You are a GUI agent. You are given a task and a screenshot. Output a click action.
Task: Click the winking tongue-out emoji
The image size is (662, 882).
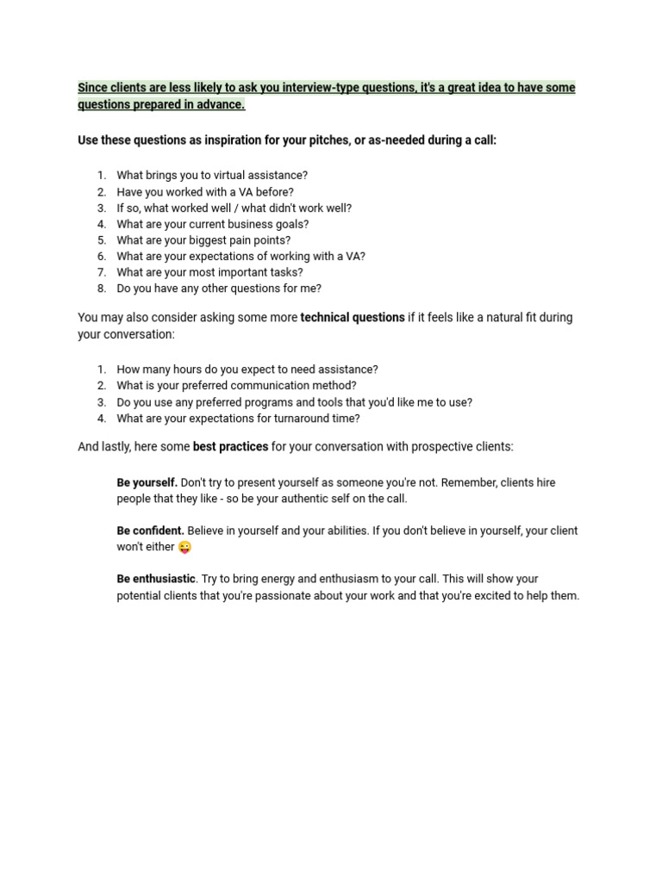point(184,547)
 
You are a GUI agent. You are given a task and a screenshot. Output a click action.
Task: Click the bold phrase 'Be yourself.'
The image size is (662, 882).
point(147,482)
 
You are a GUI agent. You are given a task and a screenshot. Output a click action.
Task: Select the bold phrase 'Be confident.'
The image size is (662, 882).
point(150,531)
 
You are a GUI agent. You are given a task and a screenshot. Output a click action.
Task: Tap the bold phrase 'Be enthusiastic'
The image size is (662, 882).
point(157,579)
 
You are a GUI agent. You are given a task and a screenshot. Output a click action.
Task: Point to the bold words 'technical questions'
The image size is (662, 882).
point(352,317)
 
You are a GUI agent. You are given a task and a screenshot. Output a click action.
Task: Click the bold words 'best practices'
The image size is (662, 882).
point(230,446)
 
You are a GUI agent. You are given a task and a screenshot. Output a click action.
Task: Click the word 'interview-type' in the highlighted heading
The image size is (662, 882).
point(320,88)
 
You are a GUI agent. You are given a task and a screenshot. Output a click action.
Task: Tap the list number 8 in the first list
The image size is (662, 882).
point(102,289)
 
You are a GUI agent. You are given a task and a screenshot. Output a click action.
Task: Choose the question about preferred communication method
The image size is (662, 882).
point(236,386)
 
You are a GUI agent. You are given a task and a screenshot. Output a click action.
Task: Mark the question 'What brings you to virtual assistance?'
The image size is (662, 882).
point(212,175)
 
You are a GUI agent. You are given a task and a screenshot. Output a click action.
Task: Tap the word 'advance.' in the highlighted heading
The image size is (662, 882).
point(222,104)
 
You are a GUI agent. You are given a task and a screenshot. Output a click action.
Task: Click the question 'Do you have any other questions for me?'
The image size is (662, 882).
point(219,289)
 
